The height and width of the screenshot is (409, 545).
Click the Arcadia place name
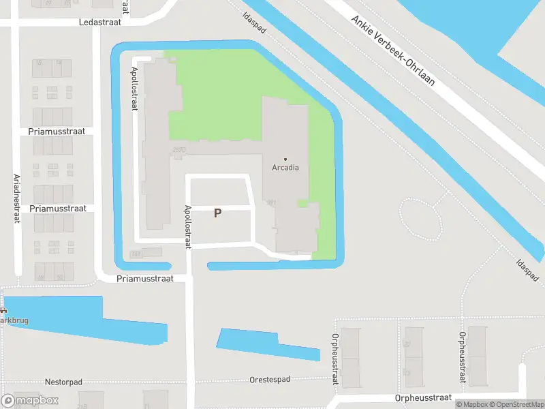pyautogui.click(x=285, y=168)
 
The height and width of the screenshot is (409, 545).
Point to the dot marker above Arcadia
pyautogui.click(x=285, y=159)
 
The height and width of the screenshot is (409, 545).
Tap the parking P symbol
pyautogui.click(x=217, y=213)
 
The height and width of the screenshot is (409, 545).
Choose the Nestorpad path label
pyautogui.click(x=63, y=382)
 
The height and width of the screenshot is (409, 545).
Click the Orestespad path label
pyautogui.click(x=270, y=379)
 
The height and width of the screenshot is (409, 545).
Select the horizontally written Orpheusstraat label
pyautogui.click(x=423, y=397)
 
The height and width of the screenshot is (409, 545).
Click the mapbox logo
pyautogui.click(x=30, y=401)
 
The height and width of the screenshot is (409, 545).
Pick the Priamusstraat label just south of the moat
pyautogui.click(x=145, y=278)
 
